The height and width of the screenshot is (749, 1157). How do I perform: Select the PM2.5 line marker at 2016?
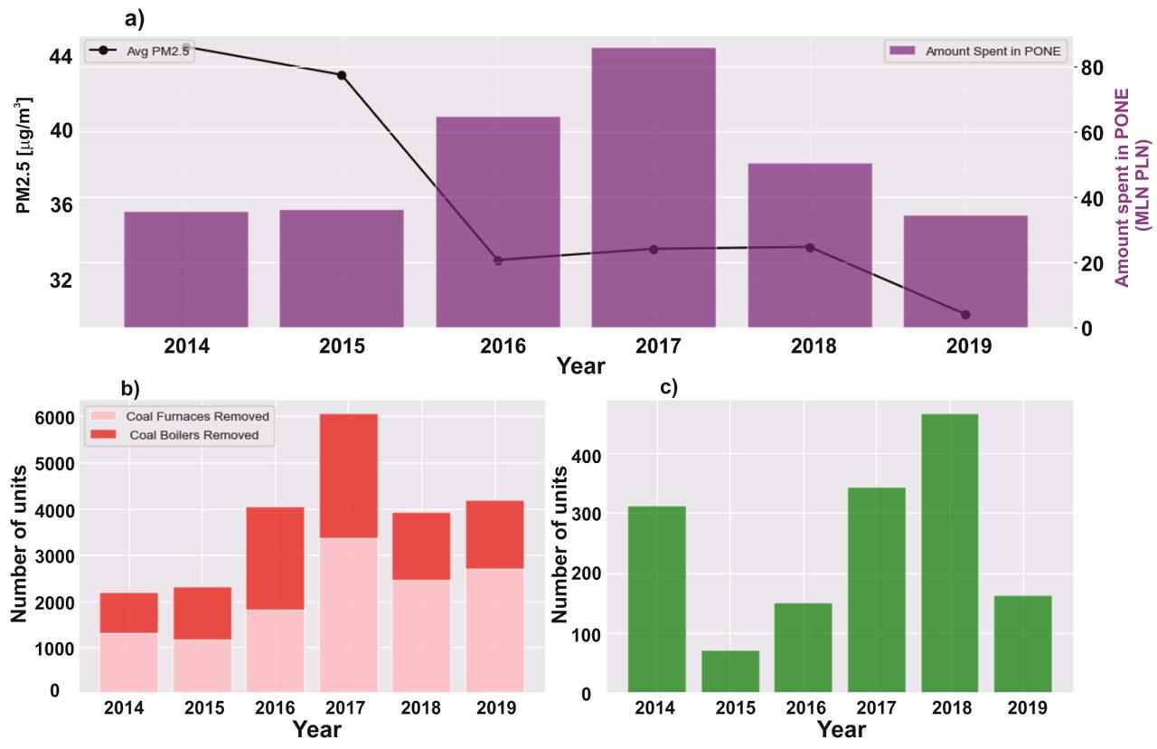coord(498,261)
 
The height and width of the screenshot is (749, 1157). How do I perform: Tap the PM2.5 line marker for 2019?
coord(965,315)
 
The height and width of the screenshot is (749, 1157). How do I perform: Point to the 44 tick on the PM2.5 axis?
coord(61,56)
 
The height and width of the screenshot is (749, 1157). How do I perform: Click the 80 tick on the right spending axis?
coord(1090,68)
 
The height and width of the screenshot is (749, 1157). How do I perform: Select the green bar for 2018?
coord(949,553)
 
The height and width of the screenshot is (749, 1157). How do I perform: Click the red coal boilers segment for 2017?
coord(348,476)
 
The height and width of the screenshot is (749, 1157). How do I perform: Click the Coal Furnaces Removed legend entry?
coord(200,416)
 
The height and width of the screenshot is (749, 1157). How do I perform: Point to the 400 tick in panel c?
coord(587,454)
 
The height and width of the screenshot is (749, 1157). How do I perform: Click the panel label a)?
coord(134,18)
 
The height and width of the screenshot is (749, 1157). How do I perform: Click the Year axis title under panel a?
coord(580,366)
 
